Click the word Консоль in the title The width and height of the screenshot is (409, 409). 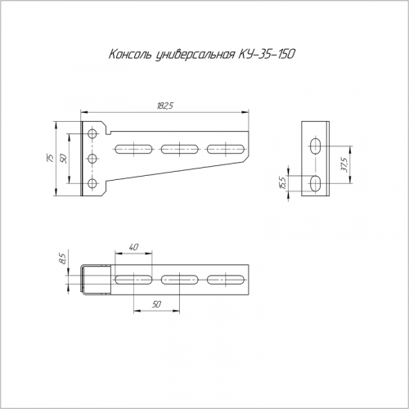click(130, 55)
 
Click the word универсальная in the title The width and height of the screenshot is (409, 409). click(195, 55)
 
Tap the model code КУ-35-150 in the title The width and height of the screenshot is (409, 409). click(267, 55)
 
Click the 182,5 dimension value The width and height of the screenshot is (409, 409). click(164, 106)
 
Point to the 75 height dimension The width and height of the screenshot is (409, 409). click(50, 159)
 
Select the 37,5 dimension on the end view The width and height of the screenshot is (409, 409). click(344, 164)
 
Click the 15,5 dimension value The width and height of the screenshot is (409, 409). click(283, 183)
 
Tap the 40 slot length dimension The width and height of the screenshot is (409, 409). click(133, 247)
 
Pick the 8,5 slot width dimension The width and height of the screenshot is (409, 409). click(62, 258)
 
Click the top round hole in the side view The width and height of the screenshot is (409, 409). click(92, 134)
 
